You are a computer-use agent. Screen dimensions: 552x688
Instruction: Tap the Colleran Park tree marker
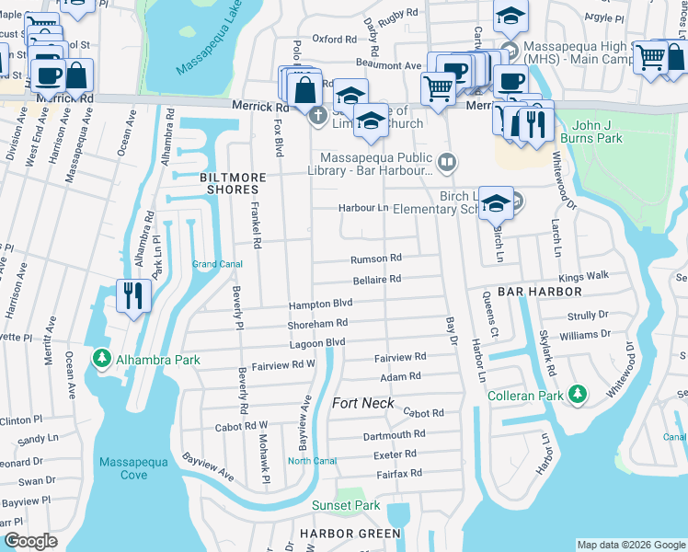point(578,394)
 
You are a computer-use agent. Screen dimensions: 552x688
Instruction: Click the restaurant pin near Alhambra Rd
point(134,296)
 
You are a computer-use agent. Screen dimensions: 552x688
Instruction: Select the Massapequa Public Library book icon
point(446,163)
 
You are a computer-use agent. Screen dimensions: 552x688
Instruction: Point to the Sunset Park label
point(345,505)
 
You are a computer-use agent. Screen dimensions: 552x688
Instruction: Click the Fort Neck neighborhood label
point(362,403)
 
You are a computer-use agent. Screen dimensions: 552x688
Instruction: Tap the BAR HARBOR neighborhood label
point(540,291)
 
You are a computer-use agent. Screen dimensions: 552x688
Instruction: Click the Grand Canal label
point(217,265)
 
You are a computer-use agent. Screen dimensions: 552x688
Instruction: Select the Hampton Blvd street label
point(321,304)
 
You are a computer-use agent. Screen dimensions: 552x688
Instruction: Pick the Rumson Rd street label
point(376,259)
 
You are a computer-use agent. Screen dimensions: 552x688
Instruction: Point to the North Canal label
point(313,461)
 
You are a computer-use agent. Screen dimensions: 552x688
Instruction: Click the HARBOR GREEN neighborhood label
point(350,534)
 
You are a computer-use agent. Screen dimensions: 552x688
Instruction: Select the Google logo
point(30,540)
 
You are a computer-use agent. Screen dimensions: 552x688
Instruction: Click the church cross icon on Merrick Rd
point(317,115)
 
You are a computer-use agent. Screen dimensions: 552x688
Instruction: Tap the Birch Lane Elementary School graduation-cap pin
point(496,202)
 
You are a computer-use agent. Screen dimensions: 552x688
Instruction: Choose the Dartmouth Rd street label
point(394,434)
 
